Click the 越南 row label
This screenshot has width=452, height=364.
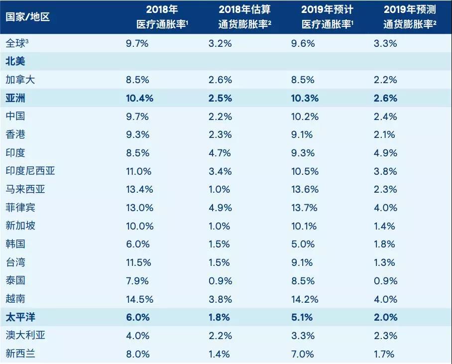15,299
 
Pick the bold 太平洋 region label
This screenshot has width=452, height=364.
20,317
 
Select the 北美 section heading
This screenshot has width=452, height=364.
15,62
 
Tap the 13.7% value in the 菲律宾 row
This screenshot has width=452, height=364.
303,208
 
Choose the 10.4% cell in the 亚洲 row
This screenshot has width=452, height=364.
139,98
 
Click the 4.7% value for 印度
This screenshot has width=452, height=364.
220,153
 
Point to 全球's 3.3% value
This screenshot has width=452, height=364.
385,43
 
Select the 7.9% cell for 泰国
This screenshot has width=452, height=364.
137,281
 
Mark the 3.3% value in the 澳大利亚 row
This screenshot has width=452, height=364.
303,336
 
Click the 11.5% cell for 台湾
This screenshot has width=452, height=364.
138,262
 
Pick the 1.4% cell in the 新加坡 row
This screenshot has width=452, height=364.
384,226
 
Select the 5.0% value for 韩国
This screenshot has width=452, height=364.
303,244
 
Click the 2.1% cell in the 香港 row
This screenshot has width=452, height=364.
384,134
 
